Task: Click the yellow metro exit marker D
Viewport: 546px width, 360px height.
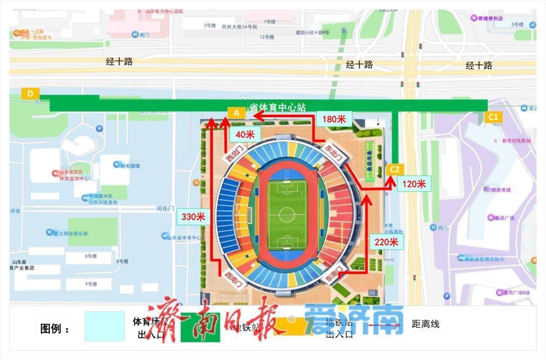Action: pyautogui.click(x=30, y=94)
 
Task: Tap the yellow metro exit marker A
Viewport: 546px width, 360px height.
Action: pyautogui.click(x=236, y=113)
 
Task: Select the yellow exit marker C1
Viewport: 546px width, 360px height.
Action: pyautogui.click(x=493, y=117)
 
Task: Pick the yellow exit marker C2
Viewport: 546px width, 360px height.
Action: pyautogui.click(x=395, y=170)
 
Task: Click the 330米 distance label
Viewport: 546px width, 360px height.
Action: pyautogui.click(x=194, y=217)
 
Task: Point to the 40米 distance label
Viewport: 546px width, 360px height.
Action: pyautogui.click(x=245, y=134)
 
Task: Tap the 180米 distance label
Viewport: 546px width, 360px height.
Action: pyautogui.click(x=335, y=119)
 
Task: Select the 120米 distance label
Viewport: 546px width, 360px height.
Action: pyautogui.click(x=414, y=184)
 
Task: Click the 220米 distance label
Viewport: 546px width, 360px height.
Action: pyautogui.click(x=387, y=242)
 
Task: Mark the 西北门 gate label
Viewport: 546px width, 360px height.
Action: pyautogui.click(x=234, y=154)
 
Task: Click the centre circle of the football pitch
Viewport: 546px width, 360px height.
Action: pyautogui.click(x=287, y=214)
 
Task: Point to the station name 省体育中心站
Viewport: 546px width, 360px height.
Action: pyautogui.click(x=278, y=108)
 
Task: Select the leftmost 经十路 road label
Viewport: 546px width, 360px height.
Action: pyautogui.click(x=119, y=62)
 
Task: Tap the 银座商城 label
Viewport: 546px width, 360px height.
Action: pyautogui.click(x=500, y=190)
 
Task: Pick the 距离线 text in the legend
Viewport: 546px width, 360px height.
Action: pyautogui.click(x=426, y=324)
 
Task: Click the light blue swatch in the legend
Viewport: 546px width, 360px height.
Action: pyautogui.click(x=105, y=327)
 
